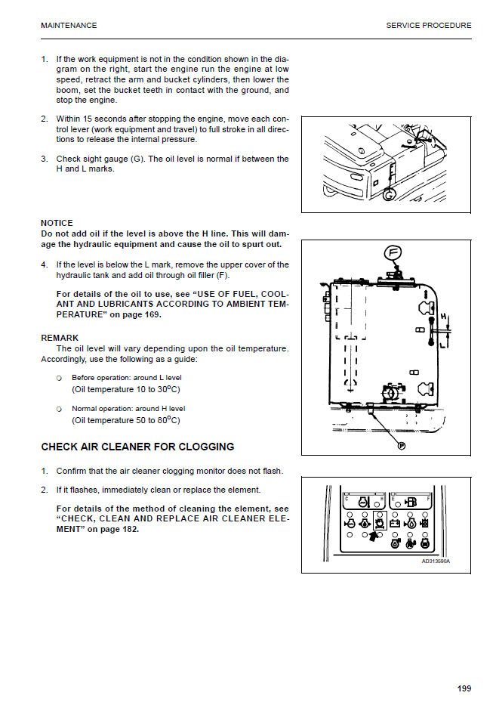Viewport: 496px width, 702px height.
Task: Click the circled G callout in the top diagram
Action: pos(389,195)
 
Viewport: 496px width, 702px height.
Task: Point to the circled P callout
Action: pos(402,446)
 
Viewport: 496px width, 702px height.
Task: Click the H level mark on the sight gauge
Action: pos(443,317)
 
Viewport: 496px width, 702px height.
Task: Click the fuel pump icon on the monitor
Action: pos(412,501)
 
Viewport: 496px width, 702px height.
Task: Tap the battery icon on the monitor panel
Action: pos(393,521)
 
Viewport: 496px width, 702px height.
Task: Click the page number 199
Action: pos(464,688)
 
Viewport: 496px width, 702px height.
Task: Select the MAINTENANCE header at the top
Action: pos(69,26)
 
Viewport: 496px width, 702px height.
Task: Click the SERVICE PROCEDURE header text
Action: pos(428,26)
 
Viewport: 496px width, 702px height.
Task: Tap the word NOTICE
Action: pos(57,223)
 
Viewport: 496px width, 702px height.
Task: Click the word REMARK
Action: pos(60,338)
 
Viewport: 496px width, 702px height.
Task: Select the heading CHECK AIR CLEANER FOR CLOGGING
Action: pos(137,447)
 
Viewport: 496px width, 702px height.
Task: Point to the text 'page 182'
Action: pos(122,529)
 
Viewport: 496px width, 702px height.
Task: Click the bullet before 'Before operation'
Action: pos(59,378)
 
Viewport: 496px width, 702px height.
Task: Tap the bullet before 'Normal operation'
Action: pos(59,409)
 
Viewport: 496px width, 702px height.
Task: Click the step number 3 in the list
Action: pos(44,159)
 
